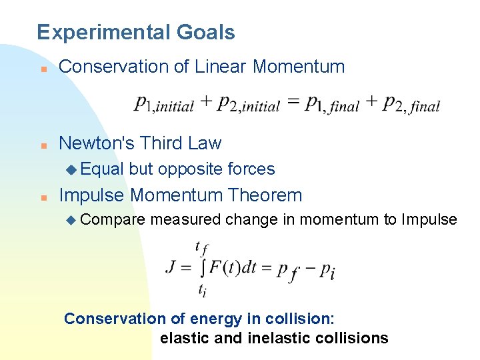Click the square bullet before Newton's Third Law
coord(42,145)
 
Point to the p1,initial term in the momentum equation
coord(163,104)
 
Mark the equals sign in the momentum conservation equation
coord(292,103)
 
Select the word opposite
coord(191,169)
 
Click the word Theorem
coord(265,195)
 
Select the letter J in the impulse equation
coord(171,267)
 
